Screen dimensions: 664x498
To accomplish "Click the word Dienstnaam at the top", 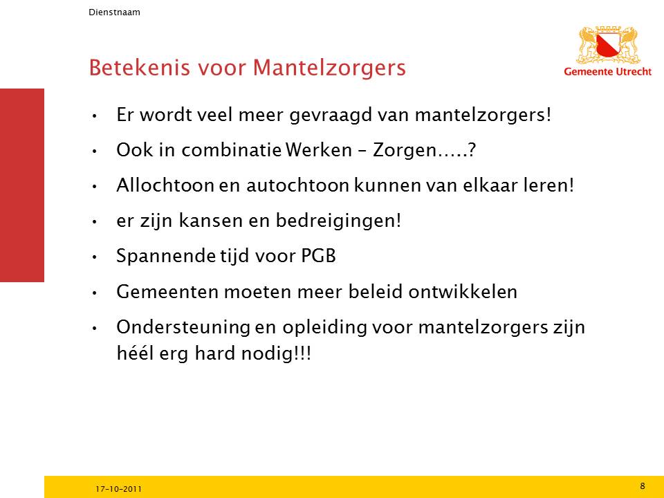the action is point(114,12).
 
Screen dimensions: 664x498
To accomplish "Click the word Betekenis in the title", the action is point(139,67).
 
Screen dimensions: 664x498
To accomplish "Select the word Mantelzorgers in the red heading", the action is point(329,68).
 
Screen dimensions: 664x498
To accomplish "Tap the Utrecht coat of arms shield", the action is point(609,46).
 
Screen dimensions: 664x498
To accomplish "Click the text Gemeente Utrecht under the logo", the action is point(608,71).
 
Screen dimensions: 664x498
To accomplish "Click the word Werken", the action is point(318,150).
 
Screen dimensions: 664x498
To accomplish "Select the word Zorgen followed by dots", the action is point(424,151).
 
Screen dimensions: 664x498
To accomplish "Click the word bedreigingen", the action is point(338,221).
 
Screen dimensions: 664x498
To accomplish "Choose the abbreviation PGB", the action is point(318,256).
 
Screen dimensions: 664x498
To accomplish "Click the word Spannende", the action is point(166,257).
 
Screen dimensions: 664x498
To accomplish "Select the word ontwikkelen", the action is point(463,292).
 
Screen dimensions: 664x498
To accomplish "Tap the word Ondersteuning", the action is point(183,328).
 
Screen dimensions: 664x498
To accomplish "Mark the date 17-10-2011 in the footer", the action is point(118,489).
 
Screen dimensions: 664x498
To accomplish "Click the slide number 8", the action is point(643,486).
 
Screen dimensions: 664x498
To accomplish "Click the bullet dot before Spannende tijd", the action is point(95,257).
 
